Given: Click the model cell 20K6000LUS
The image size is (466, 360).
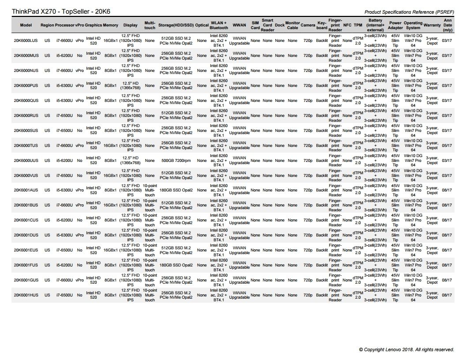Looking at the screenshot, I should [x=26, y=41].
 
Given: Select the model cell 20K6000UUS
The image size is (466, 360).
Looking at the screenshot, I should [x=26, y=161].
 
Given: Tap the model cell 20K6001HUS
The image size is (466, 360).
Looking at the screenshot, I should [x=26, y=295].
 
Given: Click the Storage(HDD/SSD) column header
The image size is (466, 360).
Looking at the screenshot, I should [x=176, y=25].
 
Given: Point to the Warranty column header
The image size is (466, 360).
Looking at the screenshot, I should [x=432, y=25].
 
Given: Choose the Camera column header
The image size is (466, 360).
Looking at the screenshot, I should [x=308, y=25].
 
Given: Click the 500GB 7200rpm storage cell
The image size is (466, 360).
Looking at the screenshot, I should [x=176, y=161].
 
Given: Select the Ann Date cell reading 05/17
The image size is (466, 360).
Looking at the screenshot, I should [x=447, y=146].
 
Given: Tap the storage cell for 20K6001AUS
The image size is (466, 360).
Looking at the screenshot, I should [x=176, y=191].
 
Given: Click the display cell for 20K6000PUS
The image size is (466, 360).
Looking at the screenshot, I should [x=131, y=86].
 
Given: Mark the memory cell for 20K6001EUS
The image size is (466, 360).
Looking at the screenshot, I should [x=110, y=250].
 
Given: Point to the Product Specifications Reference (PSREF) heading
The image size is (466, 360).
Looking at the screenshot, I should [x=410, y=12].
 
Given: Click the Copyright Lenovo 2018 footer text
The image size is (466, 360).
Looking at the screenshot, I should [x=406, y=349].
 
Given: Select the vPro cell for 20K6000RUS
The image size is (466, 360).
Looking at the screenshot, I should [x=79, y=116].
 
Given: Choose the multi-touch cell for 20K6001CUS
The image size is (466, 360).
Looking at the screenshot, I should [x=150, y=220].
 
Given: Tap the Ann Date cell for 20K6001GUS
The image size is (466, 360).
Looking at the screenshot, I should [x=447, y=280].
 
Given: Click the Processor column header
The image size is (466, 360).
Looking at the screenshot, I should [x=64, y=25].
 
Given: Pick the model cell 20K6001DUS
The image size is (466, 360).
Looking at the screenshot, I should [x=26, y=235].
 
